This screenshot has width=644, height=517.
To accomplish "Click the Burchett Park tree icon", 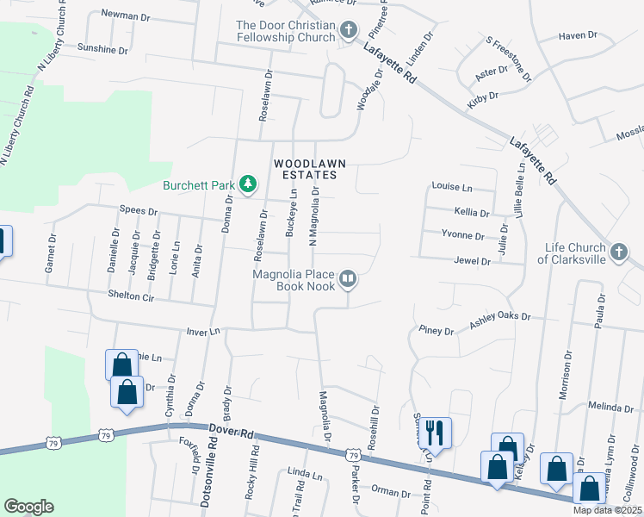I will pos(248,184).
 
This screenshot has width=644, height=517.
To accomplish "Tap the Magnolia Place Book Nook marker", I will pos(348,278).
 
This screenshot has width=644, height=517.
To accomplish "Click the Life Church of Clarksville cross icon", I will pos(617,252).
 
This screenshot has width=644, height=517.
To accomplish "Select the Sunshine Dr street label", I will pos(102,49).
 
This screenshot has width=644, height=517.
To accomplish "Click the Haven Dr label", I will pos(578,35).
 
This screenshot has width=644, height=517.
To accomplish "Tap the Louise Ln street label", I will pos(452,187).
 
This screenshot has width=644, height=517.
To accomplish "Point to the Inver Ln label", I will pos(204,331).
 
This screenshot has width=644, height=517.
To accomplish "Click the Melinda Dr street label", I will pos(610,407).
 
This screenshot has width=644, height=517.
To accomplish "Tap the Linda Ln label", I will pos(305,475).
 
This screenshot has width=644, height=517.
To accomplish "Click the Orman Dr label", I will pos(393,493).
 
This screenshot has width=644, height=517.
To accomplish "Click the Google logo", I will pos(28,507).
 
